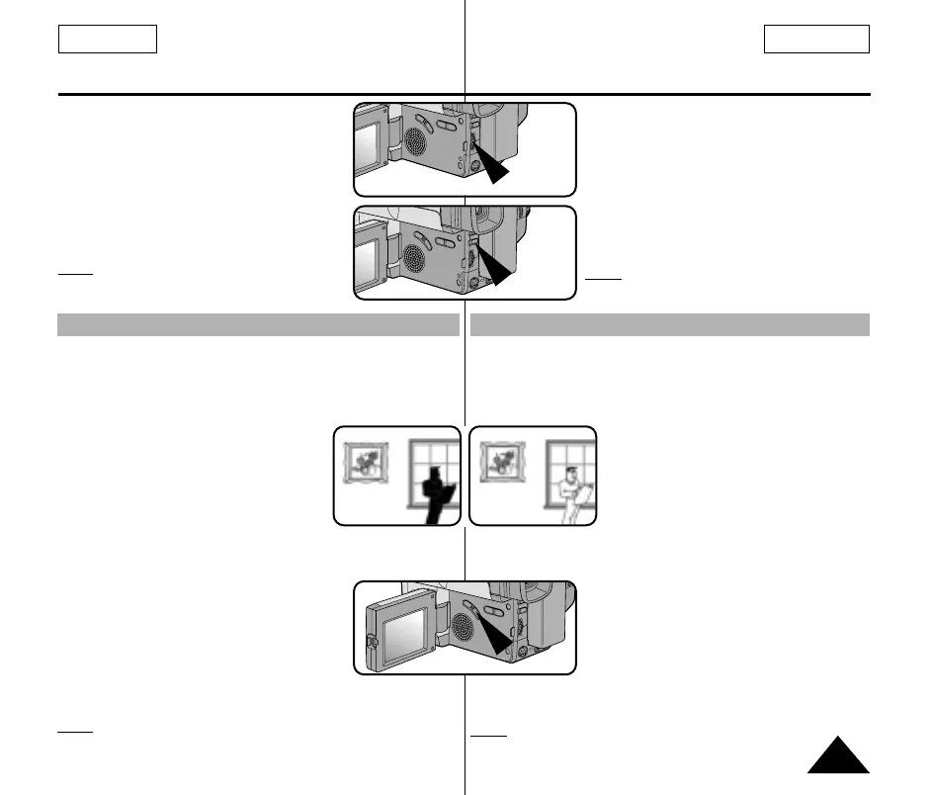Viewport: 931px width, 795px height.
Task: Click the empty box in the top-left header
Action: click(x=108, y=40)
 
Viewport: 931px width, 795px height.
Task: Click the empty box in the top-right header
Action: click(x=816, y=40)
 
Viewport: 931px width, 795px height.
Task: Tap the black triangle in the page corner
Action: click(x=838, y=758)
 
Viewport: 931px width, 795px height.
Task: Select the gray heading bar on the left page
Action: click(x=258, y=324)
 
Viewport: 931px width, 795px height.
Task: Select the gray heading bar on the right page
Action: click(x=670, y=324)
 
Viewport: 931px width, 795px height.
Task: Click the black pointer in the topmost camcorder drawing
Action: click(x=491, y=166)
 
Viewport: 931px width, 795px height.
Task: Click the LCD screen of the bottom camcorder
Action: click(x=402, y=636)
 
